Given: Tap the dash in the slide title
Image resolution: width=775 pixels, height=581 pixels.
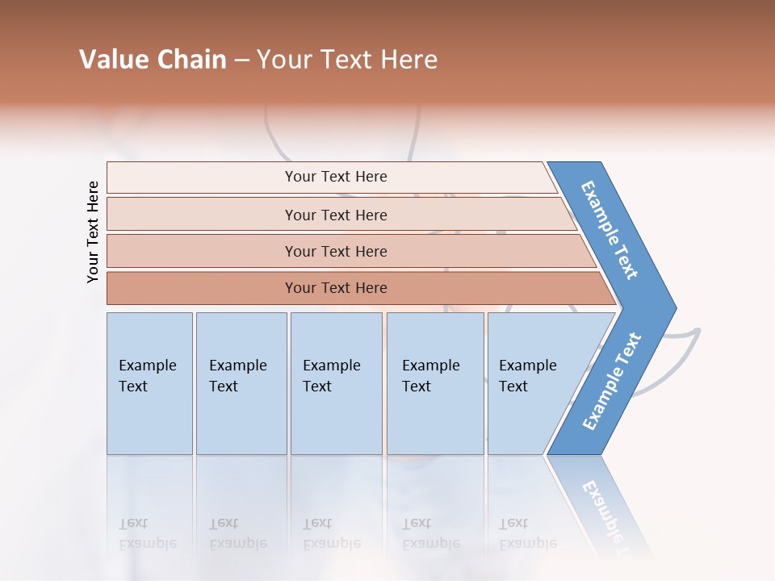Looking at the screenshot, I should tap(241, 61).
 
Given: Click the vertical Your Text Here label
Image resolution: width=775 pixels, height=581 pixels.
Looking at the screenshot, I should tap(93, 232).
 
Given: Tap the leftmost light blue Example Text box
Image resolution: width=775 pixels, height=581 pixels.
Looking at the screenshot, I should tap(149, 383).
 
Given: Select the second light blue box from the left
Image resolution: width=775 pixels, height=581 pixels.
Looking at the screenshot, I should tap(241, 383).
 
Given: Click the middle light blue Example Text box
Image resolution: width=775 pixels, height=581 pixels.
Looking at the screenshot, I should tap(336, 383).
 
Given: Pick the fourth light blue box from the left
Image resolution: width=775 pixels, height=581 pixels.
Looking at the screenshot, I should tap(435, 383).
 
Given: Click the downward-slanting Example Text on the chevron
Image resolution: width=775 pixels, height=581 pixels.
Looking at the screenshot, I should tap(610, 230).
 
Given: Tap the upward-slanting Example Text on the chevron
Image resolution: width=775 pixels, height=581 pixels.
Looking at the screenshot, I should tap(612, 382).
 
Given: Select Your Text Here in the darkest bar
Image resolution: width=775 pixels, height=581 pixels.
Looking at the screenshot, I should tap(336, 288).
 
